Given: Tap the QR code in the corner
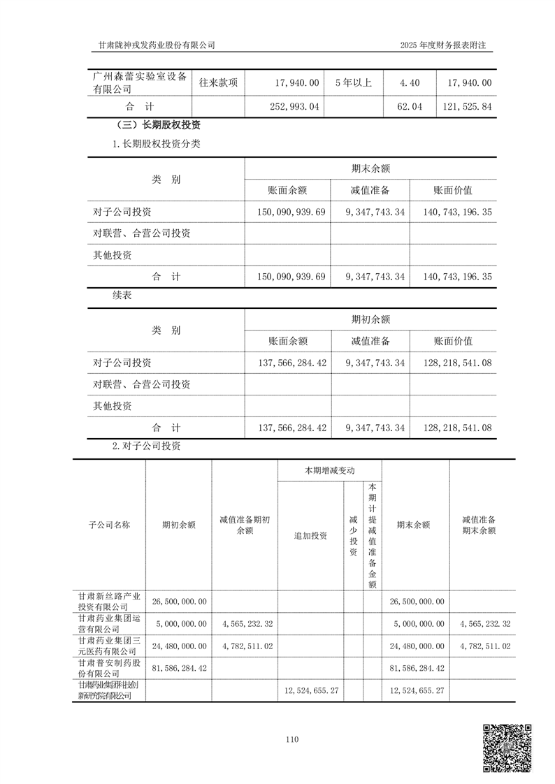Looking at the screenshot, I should pos(508,748).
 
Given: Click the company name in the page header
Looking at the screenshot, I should pos(154,45).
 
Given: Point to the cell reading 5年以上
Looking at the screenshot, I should pos(353,82).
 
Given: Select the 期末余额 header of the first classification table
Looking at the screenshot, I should pos(370,168).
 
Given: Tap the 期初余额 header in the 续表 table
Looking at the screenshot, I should pos(370,319).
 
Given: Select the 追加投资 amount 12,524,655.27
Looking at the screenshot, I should pos(312,690).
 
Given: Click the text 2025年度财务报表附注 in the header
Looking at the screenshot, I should pos(442,45).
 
